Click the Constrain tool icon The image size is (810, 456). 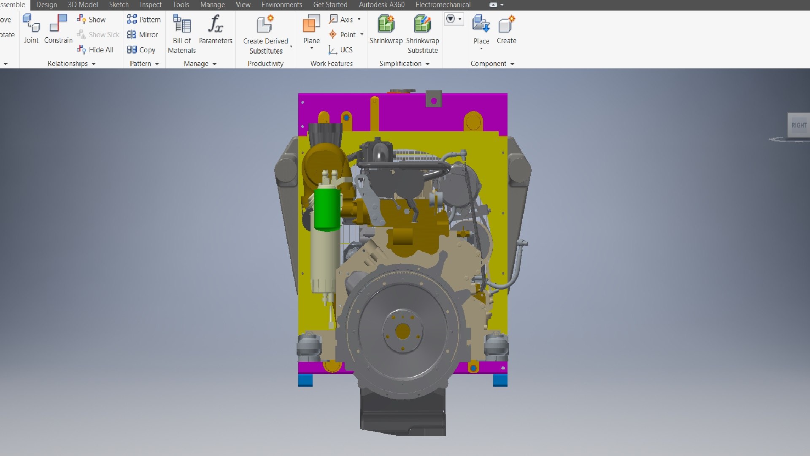[58, 24]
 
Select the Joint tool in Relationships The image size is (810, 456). [31, 24]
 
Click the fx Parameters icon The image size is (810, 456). [215, 24]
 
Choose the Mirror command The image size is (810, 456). [143, 35]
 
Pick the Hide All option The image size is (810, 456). [96, 50]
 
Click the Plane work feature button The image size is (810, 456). [311, 24]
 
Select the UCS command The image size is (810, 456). [341, 50]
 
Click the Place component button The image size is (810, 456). [481, 24]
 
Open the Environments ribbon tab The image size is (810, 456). [281, 5]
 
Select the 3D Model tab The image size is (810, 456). [83, 5]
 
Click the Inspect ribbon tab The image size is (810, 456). [151, 5]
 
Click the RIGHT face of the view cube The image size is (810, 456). [799, 125]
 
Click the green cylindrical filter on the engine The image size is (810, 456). [327, 209]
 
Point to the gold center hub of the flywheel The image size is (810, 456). [403, 331]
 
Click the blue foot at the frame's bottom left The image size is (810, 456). [305, 380]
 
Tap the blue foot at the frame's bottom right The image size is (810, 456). [500, 380]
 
